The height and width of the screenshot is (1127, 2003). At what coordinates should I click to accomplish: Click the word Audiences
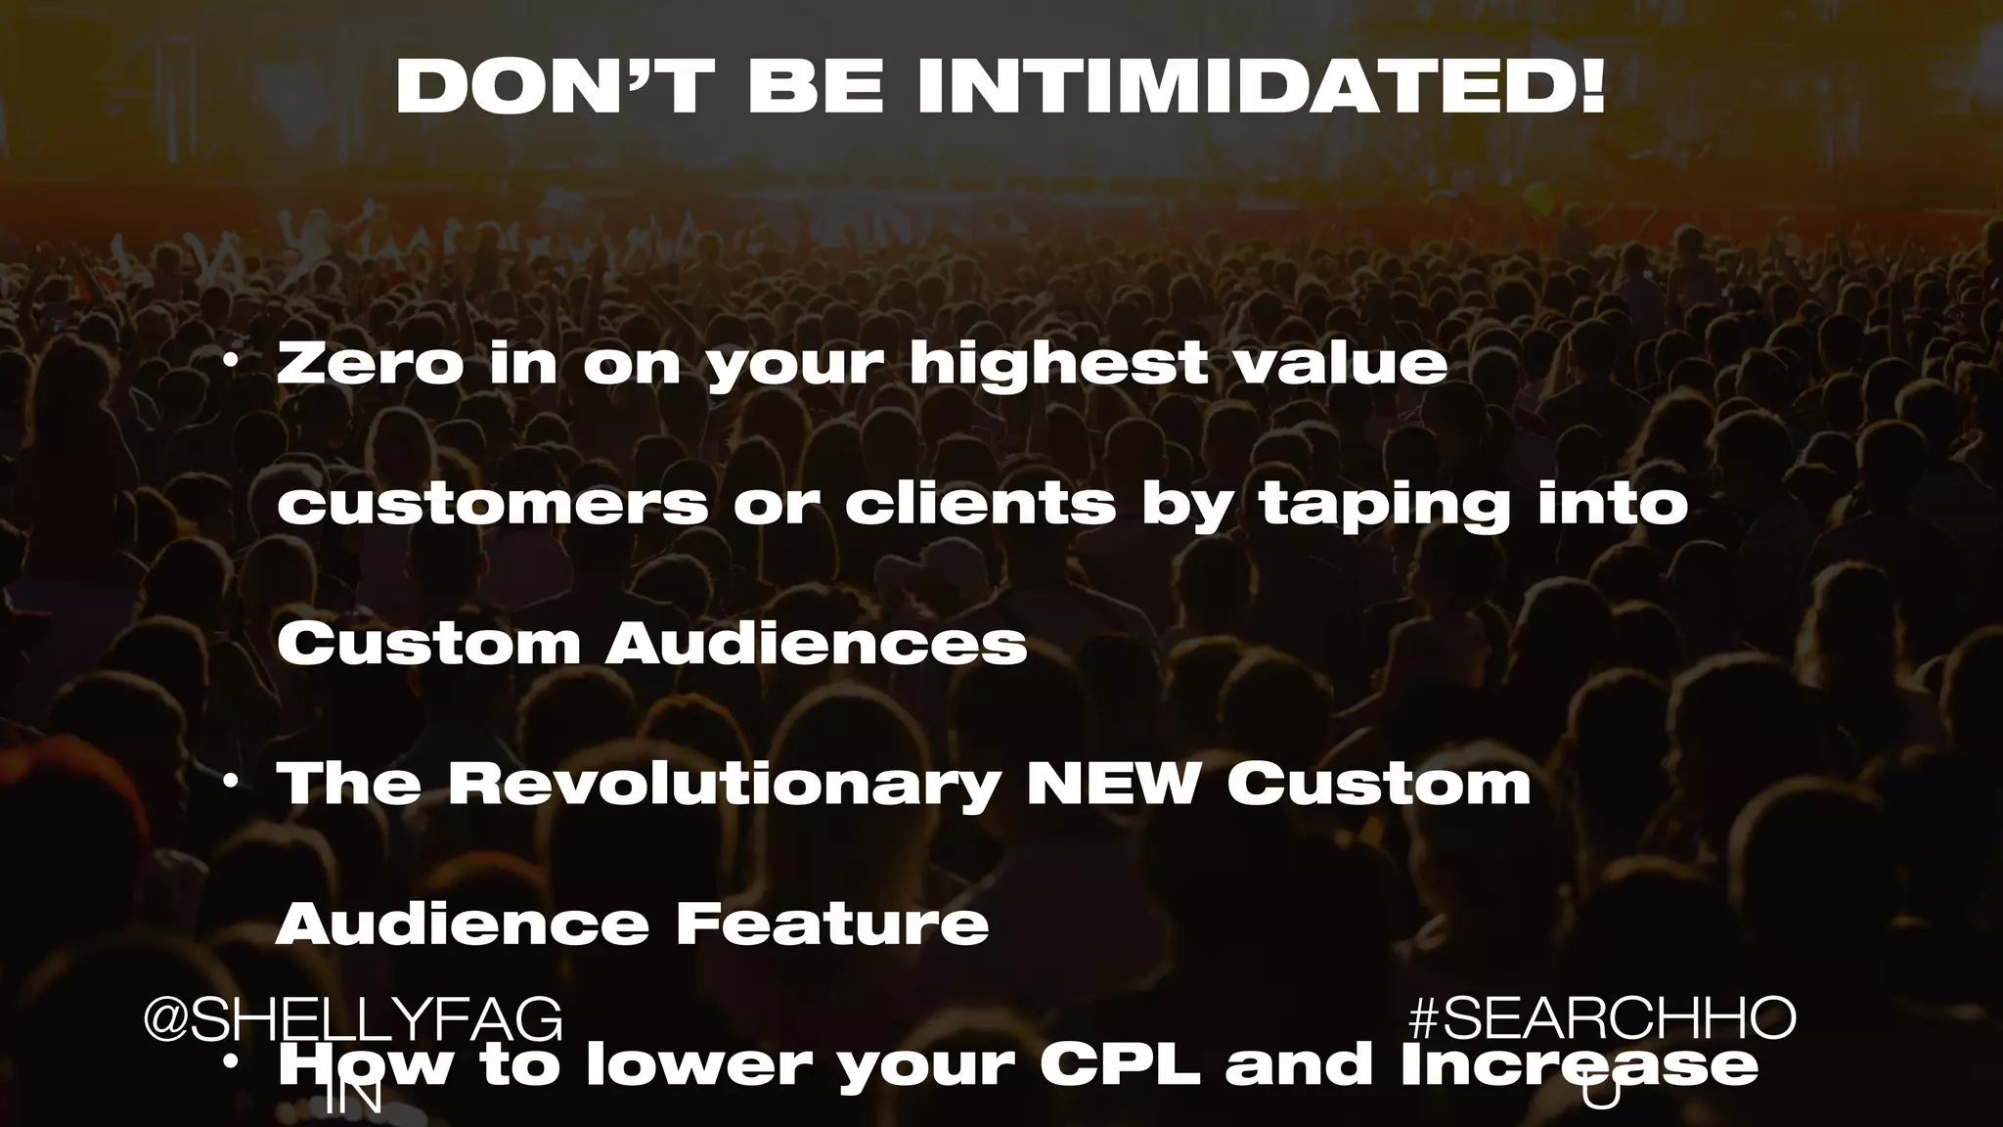coord(816,645)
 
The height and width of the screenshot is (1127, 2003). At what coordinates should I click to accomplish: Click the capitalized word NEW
coord(1111,786)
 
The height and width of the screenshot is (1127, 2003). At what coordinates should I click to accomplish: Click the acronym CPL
coord(1120,1066)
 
